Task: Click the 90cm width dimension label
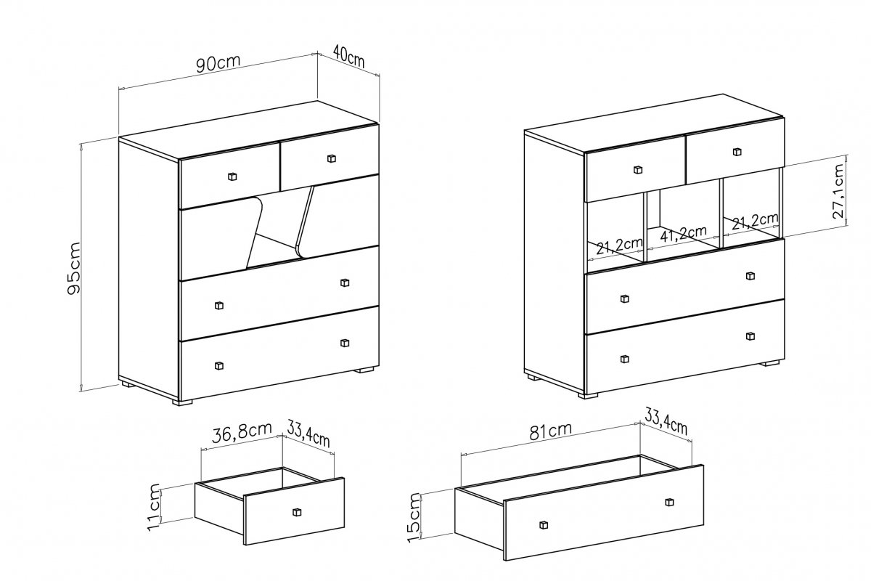pos(218,63)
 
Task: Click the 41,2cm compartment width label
pos(683,234)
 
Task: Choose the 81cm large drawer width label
pos(550,431)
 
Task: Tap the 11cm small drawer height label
pos(154,508)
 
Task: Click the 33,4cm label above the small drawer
pos(308,433)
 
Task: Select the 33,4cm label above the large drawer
pos(666,420)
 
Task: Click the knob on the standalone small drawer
pos(297,512)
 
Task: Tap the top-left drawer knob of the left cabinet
pos(232,176)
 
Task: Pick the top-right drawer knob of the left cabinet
pos(331,158)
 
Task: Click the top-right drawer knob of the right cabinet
pos(737,152)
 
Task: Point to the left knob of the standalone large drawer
pos(544,525)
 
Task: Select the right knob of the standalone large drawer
pos(669,502)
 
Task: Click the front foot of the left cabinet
pos(182,402)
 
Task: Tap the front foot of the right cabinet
pos(588,395)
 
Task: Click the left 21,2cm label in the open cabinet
pos(619,246)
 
